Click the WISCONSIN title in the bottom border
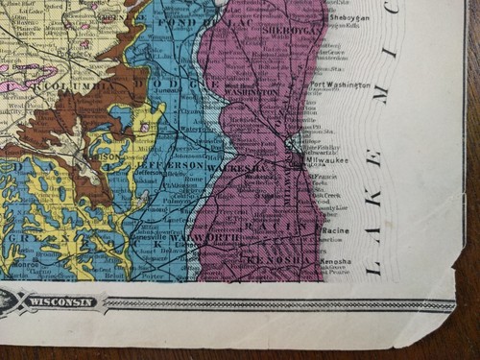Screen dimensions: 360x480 pyautogui.click(x=62, y=302)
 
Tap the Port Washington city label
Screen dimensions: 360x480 pyautogui.click(x=340, y=85)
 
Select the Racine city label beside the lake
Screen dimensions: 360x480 pyautogui.click(x=335, y=231)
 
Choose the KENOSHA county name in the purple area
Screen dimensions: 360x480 pyautogui.click(x=278, y=260)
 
